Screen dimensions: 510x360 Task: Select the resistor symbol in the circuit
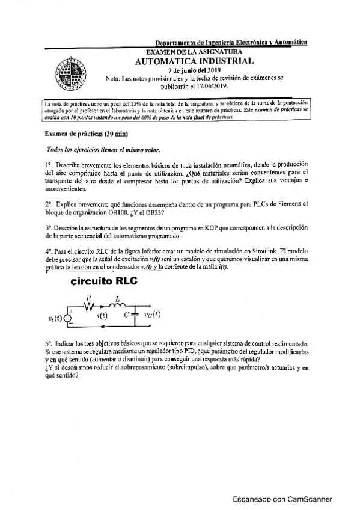(89, 306)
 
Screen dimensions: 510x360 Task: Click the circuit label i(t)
(102, 315)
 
